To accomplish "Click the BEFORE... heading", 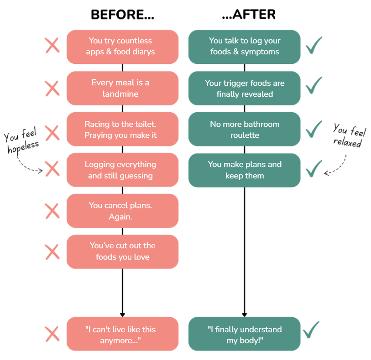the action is coord(123,15).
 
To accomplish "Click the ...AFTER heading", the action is coord(249,15).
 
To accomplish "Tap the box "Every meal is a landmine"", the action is coord(122,88).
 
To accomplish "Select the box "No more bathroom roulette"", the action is coord(245,129).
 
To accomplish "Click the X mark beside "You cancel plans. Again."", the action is coord(52,211).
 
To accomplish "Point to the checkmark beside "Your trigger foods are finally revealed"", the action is coord(314,85).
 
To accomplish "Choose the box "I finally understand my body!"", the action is coord(245,334).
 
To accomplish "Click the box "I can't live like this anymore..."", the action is coord(122,334).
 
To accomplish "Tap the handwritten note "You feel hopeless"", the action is coord(21,141).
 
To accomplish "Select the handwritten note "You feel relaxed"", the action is coord(349,136).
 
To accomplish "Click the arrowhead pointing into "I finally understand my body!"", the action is coord(245,314).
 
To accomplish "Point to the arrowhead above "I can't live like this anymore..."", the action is coord(122,314).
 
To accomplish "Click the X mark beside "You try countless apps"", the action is coord(52,46).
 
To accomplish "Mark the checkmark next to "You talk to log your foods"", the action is coord(314,45).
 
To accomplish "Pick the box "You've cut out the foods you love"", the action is coord(122,252).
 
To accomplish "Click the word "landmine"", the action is coord(120,94).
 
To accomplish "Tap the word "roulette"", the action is coord(245,135).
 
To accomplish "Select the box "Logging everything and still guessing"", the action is coord(122,170).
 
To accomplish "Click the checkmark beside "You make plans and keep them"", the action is coord(314,168).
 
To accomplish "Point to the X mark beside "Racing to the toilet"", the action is coord(52,133).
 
